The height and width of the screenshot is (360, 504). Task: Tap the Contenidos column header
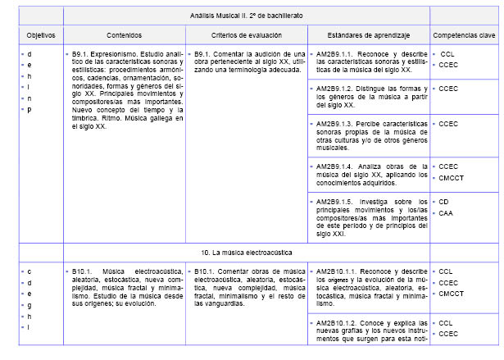124,35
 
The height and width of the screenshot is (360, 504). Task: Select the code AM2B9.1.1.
337,53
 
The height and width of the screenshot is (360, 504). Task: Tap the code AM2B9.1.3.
337,123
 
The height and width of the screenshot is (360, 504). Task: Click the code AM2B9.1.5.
337,201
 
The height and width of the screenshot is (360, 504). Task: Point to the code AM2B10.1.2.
338,323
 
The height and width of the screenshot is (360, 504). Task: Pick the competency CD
443,201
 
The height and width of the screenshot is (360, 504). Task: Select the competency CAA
445,213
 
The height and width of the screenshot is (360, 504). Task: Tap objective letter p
30,110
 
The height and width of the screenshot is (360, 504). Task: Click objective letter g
30,304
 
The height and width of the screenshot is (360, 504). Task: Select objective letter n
30,98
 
